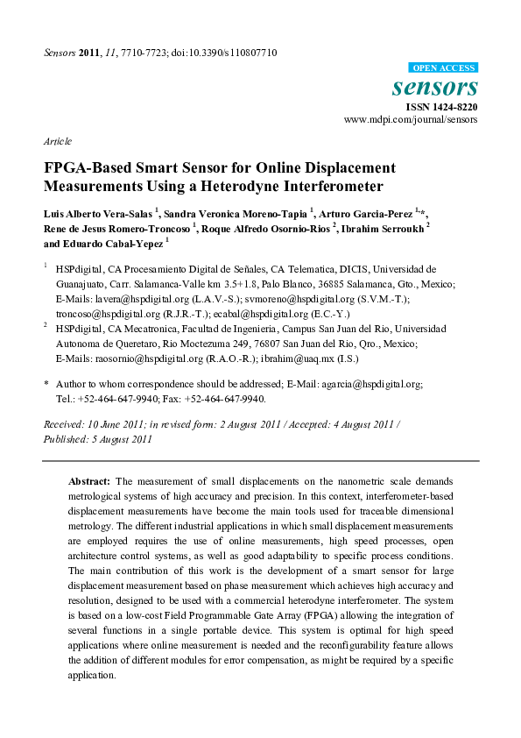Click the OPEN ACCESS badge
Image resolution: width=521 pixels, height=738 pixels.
(x=443, y=67)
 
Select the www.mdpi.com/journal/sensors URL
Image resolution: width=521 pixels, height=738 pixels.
(x=411, y=118)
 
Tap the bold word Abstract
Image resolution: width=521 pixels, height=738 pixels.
(x=88, y=482)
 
